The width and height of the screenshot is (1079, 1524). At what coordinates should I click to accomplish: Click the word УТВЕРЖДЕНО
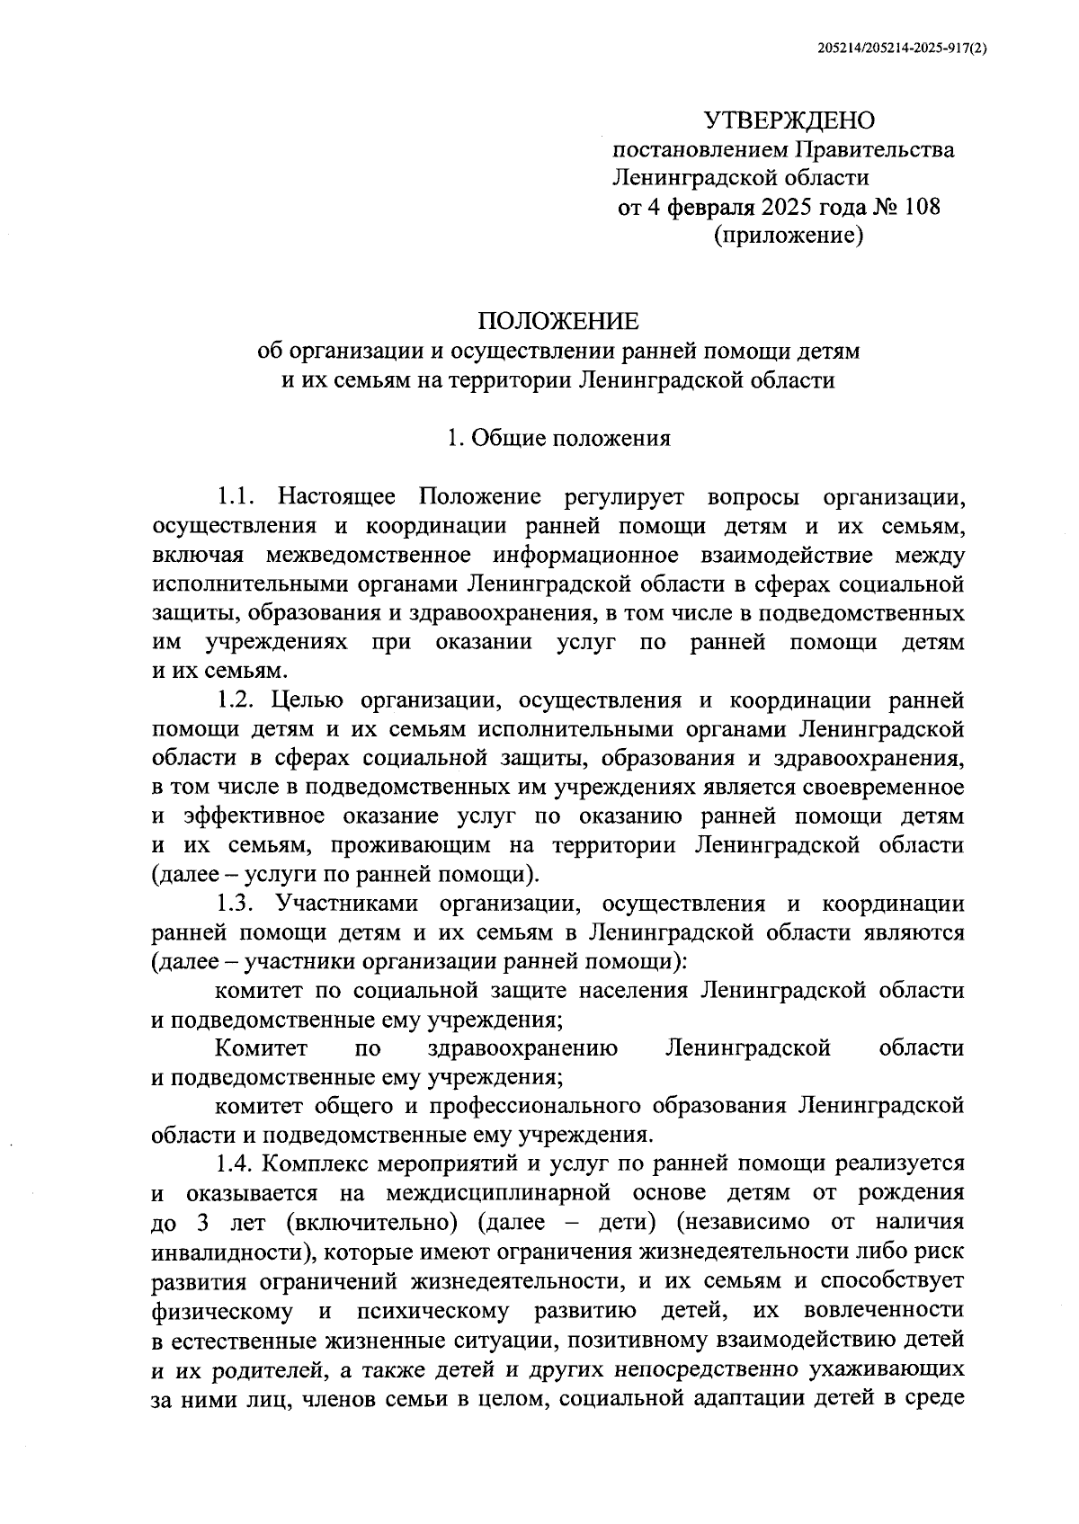tap(789, 120)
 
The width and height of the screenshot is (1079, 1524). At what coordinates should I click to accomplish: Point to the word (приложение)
tap(789, 236)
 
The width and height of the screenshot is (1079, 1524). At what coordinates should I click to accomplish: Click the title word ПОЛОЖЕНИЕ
tap(558, 321)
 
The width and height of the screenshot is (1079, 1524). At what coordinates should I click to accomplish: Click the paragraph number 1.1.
tap(237, 496)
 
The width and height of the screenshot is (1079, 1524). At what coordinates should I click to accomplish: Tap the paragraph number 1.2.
tap(237, 700)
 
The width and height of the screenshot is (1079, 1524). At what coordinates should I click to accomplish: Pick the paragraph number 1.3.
tap(237, 904)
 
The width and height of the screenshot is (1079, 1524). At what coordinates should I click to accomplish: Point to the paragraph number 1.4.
tap(237, 1164)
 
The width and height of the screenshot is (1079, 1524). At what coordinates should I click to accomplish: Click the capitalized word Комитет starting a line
tap(262, 1048)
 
